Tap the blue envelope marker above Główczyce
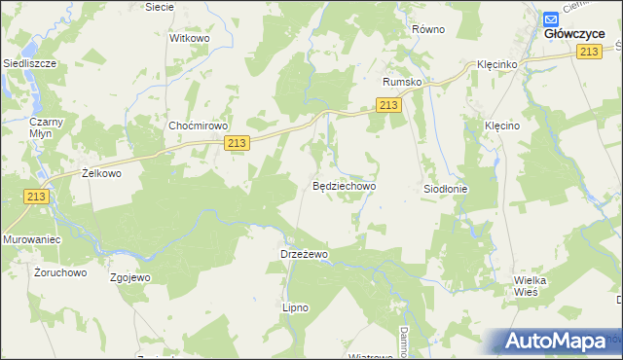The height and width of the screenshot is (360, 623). pos(551,18)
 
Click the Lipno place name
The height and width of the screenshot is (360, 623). pos(295,307)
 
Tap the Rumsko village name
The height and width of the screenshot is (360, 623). pos(402,83)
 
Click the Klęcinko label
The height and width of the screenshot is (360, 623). pos(496,63)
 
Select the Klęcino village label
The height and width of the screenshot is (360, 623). pos(503,126)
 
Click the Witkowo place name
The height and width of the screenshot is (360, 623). pos(190,38)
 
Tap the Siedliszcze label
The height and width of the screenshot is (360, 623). pos(29,63)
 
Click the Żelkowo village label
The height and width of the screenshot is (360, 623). pos(100,174)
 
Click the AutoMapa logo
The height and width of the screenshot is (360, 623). pos(560,342)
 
